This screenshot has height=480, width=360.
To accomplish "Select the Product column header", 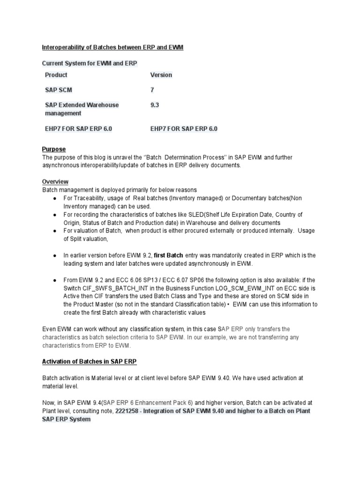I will tap(56, 75).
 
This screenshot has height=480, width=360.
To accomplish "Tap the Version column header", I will tap(161, 75).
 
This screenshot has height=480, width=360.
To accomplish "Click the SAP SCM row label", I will tap(59, 90).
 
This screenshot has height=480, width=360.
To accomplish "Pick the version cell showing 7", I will tap(152, 90).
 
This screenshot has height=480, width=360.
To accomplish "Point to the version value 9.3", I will tap(155, 105).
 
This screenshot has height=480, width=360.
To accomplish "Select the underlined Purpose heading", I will tap(54, 149).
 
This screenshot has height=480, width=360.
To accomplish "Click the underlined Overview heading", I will tap(55, 181).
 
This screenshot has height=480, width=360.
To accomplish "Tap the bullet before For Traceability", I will tap(55, 199).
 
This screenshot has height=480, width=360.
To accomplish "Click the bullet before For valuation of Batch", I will tap(55, 231).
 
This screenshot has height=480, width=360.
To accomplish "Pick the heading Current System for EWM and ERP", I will tap(90, 63).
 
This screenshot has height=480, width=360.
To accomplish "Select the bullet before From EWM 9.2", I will tap(55, 280).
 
